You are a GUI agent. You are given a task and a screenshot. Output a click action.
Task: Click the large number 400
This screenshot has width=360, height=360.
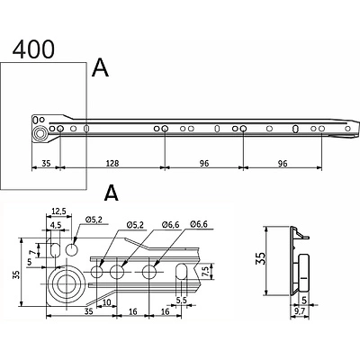tap(33, 49)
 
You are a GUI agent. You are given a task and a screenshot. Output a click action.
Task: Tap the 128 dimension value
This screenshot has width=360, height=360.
tap(112, 163)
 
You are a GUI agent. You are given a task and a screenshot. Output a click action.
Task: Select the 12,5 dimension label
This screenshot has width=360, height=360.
tap(58, 211)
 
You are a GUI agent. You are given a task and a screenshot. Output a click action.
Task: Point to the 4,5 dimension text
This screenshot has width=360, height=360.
tap(56, 225)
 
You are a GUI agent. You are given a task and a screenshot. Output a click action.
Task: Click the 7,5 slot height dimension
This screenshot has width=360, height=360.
tap(206, 271)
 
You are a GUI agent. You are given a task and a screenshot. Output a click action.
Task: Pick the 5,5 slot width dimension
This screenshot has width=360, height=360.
tap(181, 300)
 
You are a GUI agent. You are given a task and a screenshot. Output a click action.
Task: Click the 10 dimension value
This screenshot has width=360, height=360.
tap(107, 302)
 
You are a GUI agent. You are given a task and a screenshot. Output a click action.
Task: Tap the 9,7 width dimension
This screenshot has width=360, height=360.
tap(300, 311)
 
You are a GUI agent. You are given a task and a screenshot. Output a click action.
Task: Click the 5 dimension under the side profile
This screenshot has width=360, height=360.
tap(304, 300)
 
